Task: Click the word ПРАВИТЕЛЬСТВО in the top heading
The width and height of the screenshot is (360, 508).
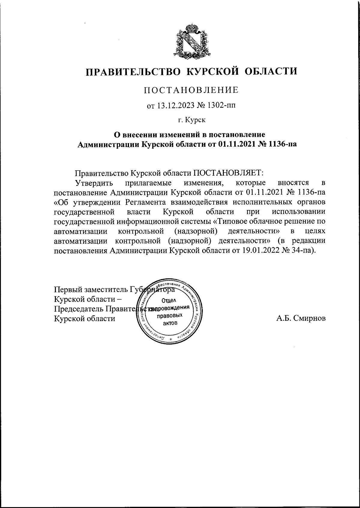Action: pos(133,72)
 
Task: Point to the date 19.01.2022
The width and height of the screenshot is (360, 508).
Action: pos(260,250)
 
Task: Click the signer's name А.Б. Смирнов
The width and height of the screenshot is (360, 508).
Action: pos(301,318)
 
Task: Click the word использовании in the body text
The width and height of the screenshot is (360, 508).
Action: pos(298,212)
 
